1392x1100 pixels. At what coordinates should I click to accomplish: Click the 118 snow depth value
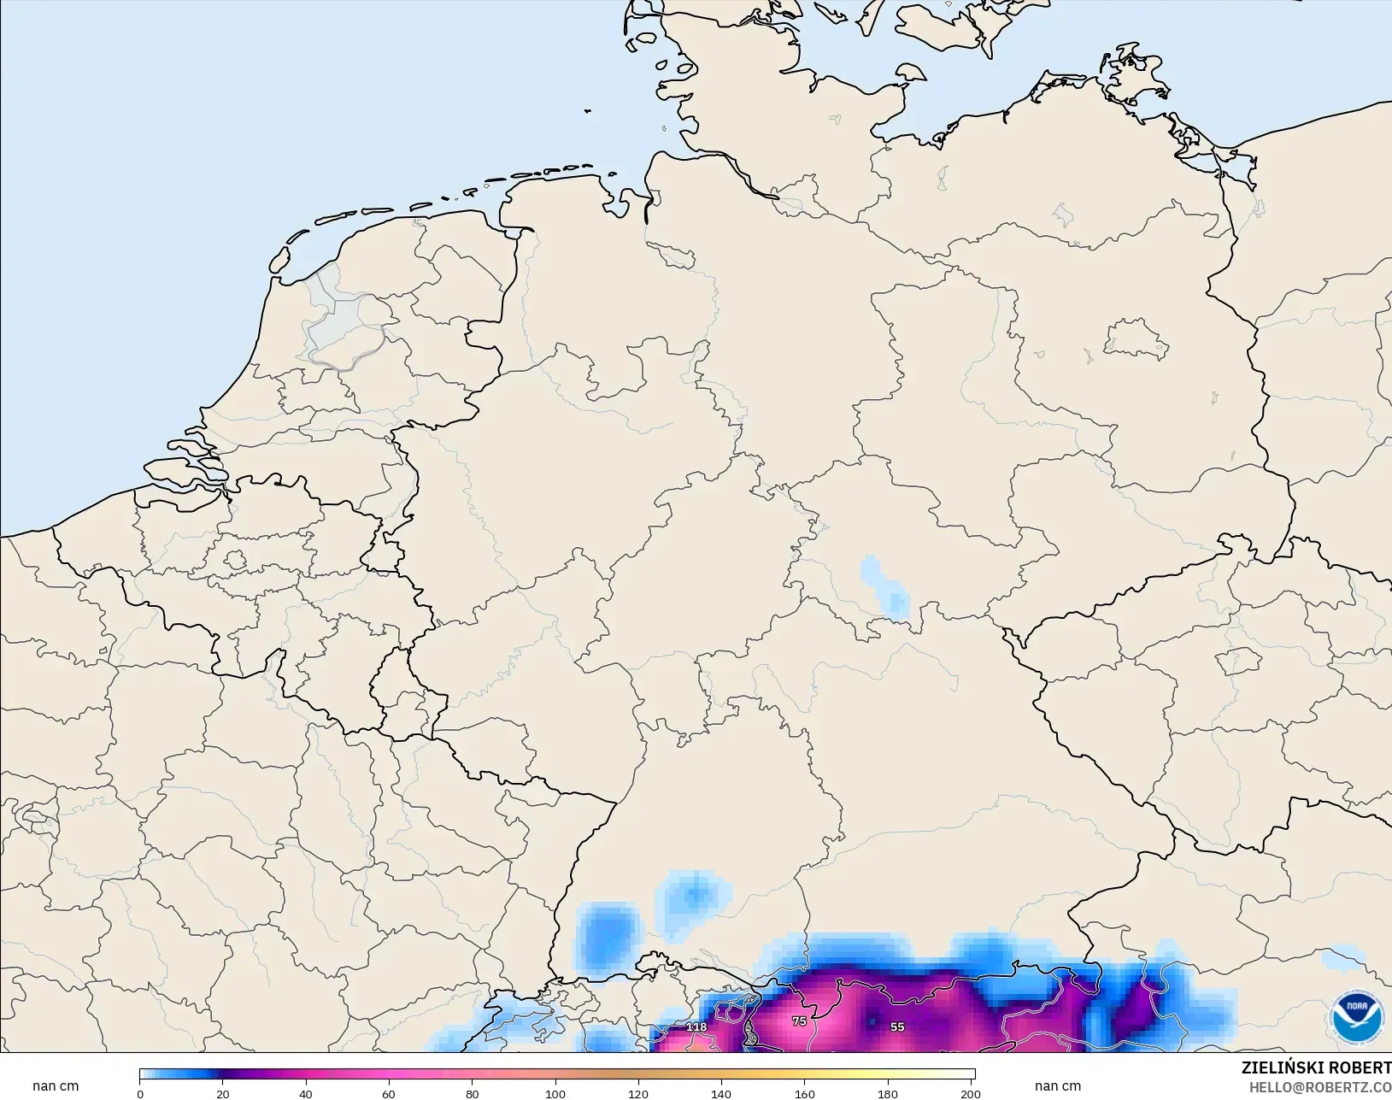pos(696,1027)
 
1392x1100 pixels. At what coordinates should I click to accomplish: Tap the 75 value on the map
pos(799,1021)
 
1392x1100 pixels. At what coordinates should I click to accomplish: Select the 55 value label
pos(897,1027)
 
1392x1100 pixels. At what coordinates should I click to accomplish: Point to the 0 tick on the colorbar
pos(140,1094)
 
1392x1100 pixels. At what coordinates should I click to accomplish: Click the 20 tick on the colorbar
pos(223,1094)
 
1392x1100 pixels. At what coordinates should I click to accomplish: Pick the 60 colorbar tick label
pos(389,1094)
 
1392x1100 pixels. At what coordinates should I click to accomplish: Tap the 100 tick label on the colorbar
pos(555,1094)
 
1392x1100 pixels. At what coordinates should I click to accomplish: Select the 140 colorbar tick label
pos(721,1094)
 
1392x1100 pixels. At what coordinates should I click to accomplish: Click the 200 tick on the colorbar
pos(970,1094)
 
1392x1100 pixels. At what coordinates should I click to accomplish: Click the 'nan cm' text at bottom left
pos(56,1086)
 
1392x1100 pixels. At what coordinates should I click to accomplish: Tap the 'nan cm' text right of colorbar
pos(1057,1086)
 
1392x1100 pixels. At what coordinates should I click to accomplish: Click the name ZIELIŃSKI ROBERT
pos(1316,1068)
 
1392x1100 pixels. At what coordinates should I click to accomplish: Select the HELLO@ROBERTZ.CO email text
pos(1320,1088)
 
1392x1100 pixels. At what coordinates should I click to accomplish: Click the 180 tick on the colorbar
pos(887,1094)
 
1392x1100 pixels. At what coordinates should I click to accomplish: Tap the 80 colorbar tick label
pos(472,1094)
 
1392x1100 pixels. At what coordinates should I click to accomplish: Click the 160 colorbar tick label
pos(804,1094)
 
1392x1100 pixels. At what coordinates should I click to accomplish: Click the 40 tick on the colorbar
pos(306,1094)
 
